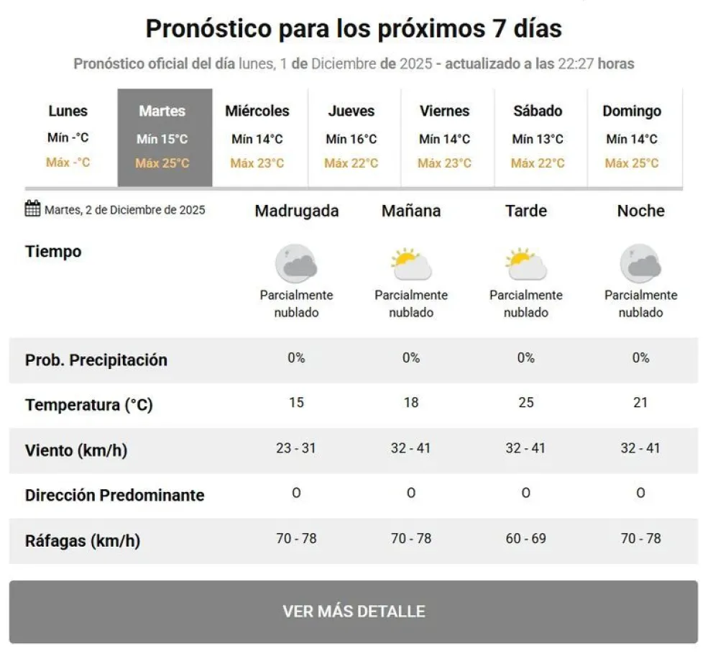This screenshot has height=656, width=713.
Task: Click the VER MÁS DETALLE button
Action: point(354,611)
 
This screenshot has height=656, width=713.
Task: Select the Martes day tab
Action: point(165,137)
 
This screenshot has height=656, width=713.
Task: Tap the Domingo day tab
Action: point(632,137)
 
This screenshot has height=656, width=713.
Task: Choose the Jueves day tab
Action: point(351,137)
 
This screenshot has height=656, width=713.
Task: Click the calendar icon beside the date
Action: point(33,209)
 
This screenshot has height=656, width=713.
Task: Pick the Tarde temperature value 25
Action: point(526,403)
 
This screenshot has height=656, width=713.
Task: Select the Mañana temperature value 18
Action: point(411,403)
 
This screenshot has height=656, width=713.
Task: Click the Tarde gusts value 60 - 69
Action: point(526,538)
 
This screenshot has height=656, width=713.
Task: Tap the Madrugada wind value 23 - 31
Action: point(296,448)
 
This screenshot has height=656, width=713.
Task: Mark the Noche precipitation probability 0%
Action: point(640,357)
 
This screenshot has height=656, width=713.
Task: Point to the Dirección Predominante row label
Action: point(115,496)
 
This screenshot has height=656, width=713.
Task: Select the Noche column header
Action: point(640,211)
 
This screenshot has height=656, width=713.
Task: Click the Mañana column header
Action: point(411,211)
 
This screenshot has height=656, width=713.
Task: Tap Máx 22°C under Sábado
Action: point(538,163)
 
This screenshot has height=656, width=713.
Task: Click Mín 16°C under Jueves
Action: point(351,139)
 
